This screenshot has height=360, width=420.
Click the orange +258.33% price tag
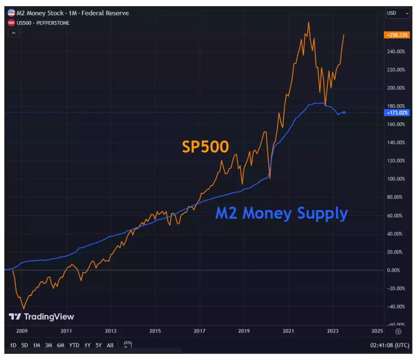(x=397, y=35)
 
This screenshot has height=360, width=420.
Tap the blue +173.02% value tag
(x=397, y=113)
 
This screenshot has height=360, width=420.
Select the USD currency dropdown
(x=398, y=13)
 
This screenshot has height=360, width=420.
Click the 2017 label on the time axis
(x=199, y=331)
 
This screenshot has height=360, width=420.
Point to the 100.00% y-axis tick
(x=396, y=179)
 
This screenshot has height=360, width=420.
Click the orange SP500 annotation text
(x=205, y=147)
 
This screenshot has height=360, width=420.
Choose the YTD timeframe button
(x=74, y=345)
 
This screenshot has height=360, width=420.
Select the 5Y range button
(x=98, y=345)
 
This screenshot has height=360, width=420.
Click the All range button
(x=110, y=345)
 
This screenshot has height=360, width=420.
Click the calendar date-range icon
(x=127, y=345)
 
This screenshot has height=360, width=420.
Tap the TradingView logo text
(x=42, y=317)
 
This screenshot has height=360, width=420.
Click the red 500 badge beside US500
(x=11, y=23)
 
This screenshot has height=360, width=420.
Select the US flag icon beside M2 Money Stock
(x=11, y=13)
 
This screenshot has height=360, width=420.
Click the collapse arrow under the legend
(x=14, y=33)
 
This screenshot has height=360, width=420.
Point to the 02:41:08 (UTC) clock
(x=389, y=345)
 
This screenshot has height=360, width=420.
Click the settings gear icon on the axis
(x=398, y=331)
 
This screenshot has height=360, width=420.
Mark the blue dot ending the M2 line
(x=344, y=112)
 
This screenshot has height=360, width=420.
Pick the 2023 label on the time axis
(x=333, y=331)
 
